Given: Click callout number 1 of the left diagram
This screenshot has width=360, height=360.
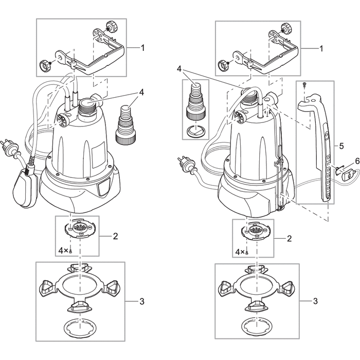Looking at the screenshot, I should (142, 47).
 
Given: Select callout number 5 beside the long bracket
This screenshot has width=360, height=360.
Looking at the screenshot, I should (341, 146).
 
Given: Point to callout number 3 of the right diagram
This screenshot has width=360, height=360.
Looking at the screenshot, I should (315, 301).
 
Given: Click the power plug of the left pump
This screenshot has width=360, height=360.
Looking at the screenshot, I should (11, 143).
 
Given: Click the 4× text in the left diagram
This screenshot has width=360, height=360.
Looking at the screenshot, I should (63, 250).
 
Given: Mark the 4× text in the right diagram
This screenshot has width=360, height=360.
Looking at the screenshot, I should (240, 253).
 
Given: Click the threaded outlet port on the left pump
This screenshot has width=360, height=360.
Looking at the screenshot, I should (86, 105).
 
